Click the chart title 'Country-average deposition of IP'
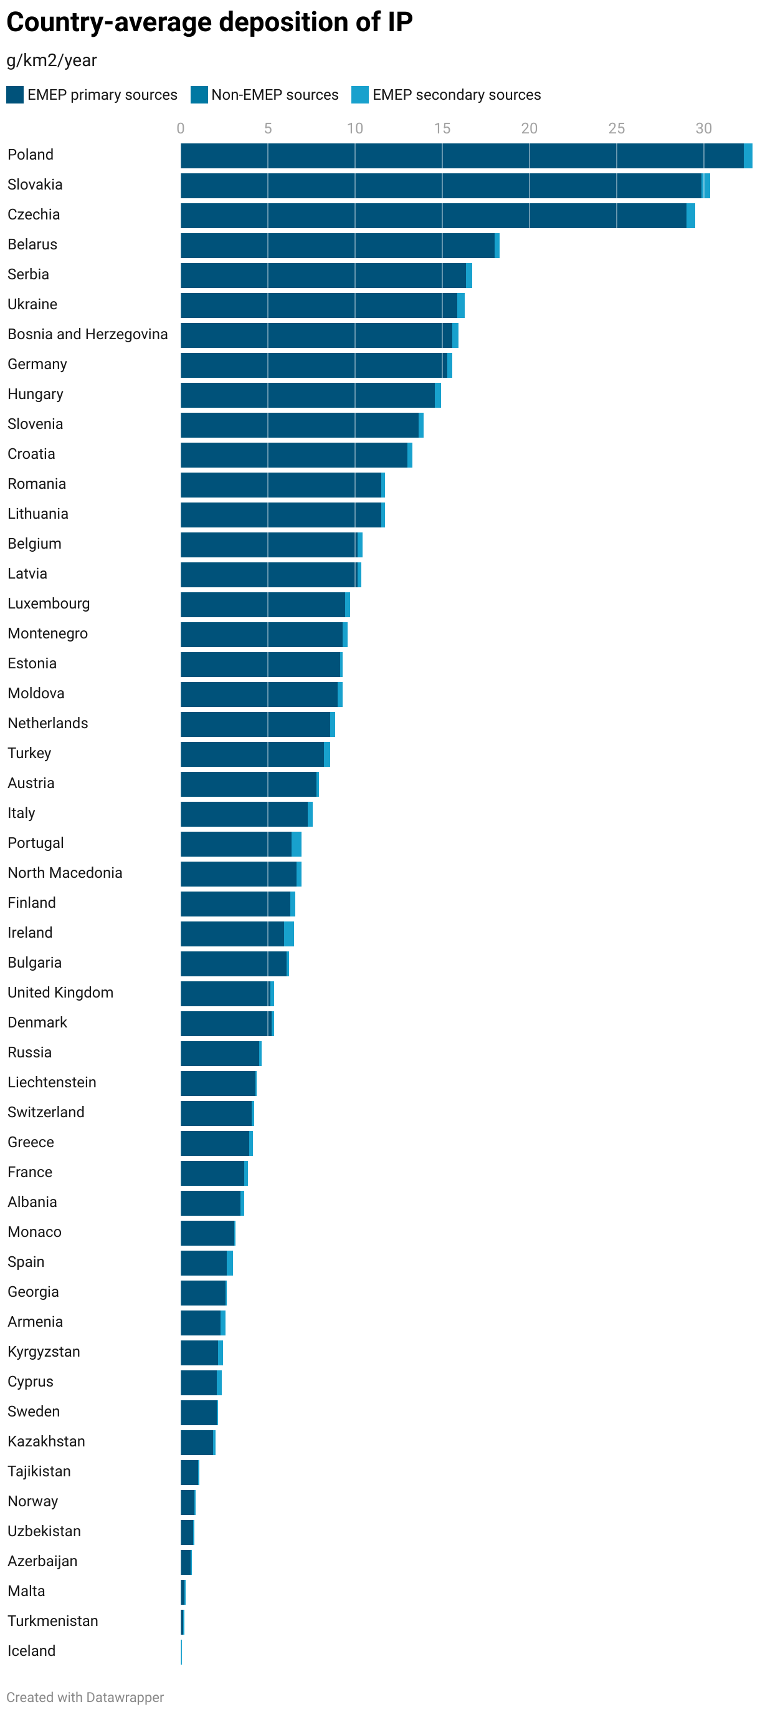pyautogui.click(x=209, y=22)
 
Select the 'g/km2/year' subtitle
pyautogui.click(x=52, y=60)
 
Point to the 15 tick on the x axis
pyautogui.click(x=442, y=129)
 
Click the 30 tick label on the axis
pyautogui.click(x=703, y=129)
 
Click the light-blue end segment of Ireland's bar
pyautogui.click(x=289, y=934)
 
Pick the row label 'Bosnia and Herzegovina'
pyautogui.click(x=88, y=334)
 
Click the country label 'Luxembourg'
pyautogui.click(x=49, y=604)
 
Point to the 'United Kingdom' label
pyautogui.click(x=60, y=993)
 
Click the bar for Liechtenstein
pyautogui.click(x=218, y=1084)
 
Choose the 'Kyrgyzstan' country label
pyautogui.click(x=44, y=1351)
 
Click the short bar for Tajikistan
pyautogui.click(x=189, y=1472)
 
